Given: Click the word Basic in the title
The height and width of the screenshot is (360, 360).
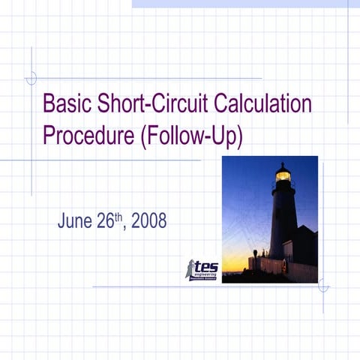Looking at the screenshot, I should click(67, 103).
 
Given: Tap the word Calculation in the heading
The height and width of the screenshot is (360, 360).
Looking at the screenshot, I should click(258, 103).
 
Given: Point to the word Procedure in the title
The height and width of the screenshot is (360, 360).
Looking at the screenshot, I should click(88, 136).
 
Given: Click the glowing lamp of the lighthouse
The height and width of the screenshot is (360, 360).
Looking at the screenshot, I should click(283, 175).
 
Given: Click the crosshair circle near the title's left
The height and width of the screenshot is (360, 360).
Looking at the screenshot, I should click(31, 77).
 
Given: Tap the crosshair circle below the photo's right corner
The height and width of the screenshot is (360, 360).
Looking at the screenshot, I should click(323, 286).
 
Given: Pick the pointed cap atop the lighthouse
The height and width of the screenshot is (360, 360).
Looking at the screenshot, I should click(283, 165).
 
